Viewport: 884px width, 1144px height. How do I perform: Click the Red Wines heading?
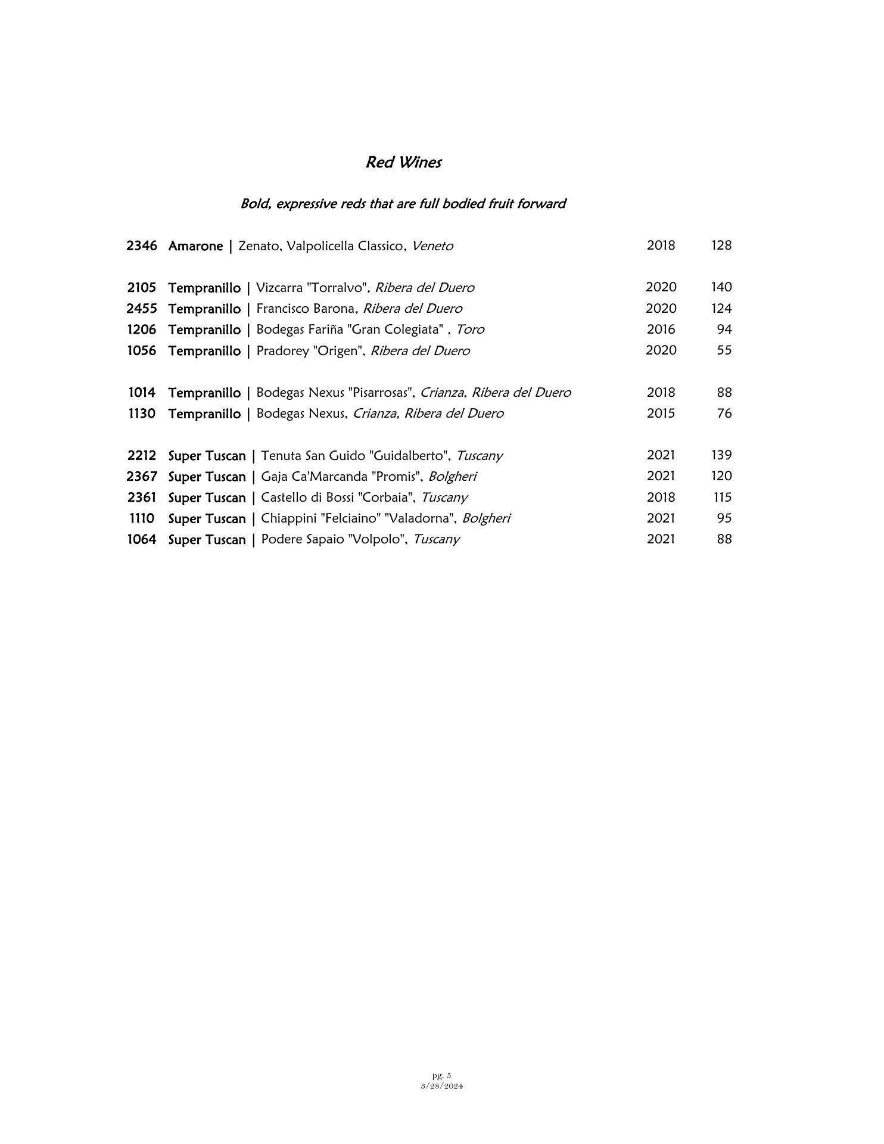403,162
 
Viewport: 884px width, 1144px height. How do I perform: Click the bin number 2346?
142,245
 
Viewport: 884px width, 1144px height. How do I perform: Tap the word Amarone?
195,245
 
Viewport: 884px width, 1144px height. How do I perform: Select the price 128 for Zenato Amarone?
721,245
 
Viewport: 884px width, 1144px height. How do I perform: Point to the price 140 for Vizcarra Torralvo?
721,287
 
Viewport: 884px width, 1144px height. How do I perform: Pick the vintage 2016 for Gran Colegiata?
661,329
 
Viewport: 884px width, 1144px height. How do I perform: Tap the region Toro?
470,329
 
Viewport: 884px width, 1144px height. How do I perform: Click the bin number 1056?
142,350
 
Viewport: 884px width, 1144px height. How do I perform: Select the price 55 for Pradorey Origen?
724,350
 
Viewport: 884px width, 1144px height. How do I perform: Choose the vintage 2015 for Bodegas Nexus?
661,414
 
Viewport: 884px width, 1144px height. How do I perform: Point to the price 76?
724,414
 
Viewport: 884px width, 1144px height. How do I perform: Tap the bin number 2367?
142,477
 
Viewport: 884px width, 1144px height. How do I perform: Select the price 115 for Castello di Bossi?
722,498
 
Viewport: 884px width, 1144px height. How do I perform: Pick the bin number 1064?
142,539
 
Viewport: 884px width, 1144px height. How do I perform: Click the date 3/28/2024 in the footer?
441,1086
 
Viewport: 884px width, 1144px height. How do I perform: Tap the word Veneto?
432,245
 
